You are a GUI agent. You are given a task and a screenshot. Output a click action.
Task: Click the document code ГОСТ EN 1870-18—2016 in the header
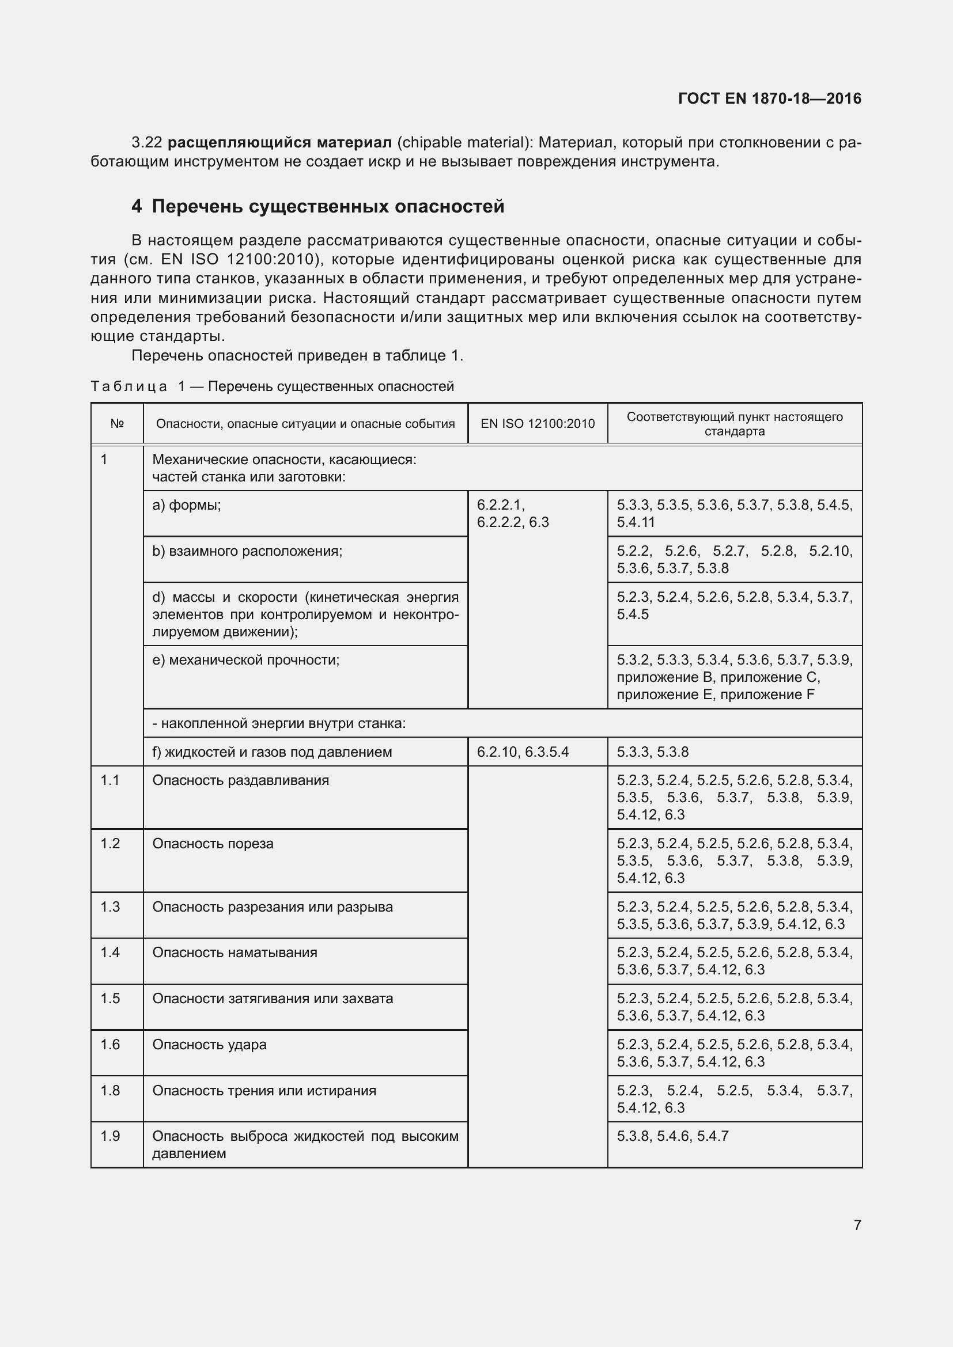(769, 98)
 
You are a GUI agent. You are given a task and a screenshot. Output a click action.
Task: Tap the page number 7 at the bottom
(857, 1225)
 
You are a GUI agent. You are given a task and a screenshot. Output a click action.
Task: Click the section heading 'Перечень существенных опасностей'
(327, 207)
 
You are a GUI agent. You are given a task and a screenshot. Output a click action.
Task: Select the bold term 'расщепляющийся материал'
(279, 143)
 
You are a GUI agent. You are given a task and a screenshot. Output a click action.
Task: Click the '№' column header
(117, 424)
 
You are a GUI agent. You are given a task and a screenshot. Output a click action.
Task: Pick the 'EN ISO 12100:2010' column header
(538, 424)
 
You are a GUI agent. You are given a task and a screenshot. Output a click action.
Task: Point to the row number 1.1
(109, 780)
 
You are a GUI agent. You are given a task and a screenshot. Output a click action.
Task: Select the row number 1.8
(109, 1091)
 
